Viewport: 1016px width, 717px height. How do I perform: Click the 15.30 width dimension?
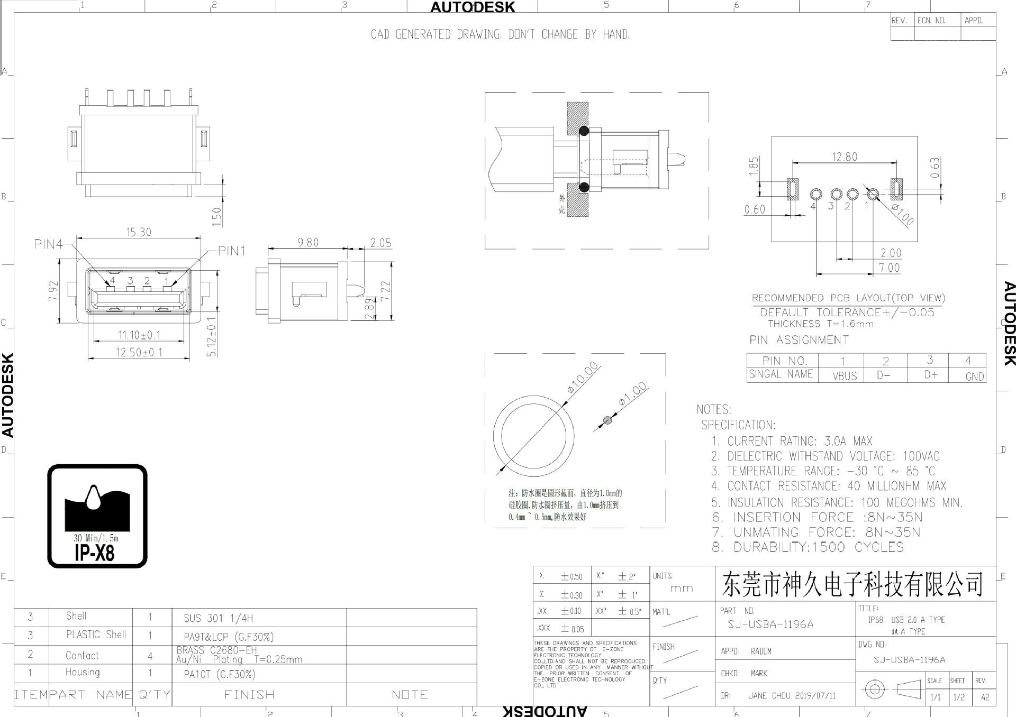[x=139, y=232]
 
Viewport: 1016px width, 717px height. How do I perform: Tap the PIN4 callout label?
[x=48, y=244]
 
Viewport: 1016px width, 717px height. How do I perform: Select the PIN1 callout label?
[x=232, y=251]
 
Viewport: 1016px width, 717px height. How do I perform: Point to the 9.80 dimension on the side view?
[x=308, y=243]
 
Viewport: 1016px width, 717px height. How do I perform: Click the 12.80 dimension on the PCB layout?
[x=845, y=157]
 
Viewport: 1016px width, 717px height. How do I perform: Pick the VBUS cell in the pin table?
[x=844, y=376]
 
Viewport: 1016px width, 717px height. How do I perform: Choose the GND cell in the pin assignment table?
[x=974, y=376]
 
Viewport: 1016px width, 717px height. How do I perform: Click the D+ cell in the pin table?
[x=931, y=375]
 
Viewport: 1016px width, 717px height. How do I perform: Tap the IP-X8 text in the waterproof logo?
[x=95, y=554]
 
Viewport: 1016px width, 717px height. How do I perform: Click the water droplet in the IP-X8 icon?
[x=94, y=498]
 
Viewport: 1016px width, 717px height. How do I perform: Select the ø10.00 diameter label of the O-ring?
[x=583, y=378]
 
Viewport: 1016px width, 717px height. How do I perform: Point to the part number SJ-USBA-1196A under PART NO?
[x=770, y=624]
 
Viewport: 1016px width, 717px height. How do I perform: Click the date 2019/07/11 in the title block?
[x=815, y=696]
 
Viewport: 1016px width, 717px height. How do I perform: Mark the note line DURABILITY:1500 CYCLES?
[x=818, y=547]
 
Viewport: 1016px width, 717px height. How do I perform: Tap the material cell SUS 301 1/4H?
[x=219, y=618]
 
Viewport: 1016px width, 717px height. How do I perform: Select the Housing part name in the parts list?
[x=83, y=672]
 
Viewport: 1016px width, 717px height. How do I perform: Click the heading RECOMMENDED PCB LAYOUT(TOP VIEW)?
[x=848, y=298]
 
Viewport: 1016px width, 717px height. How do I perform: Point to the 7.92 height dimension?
[x=53, y=291]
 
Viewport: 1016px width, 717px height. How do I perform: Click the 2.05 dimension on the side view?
[x=380, y=243]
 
